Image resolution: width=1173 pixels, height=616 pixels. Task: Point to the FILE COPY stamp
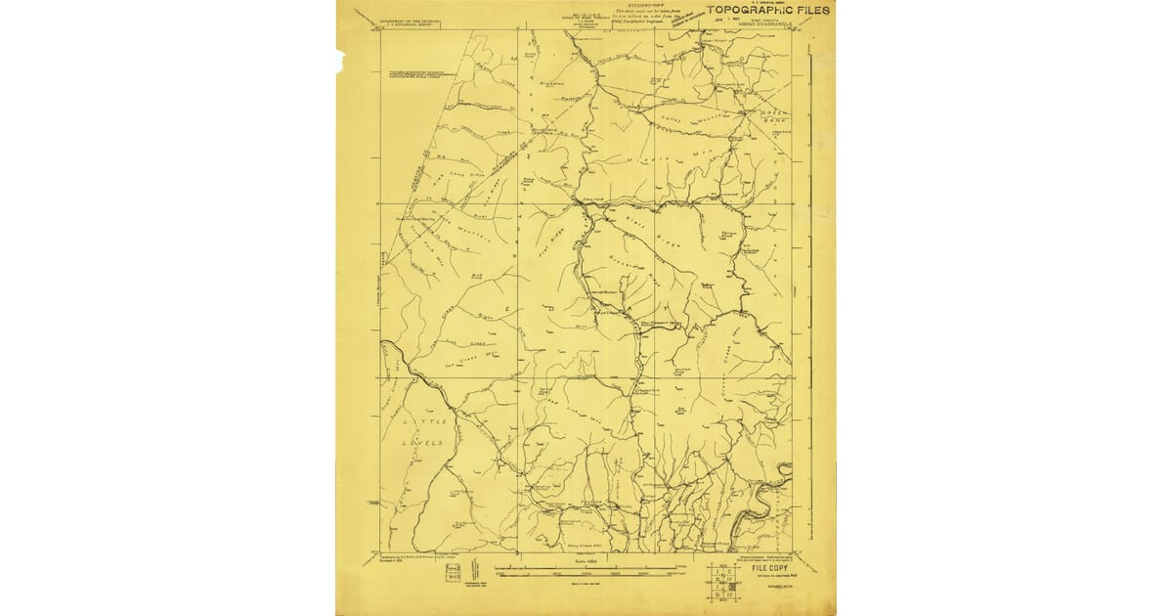coord(769,567)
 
